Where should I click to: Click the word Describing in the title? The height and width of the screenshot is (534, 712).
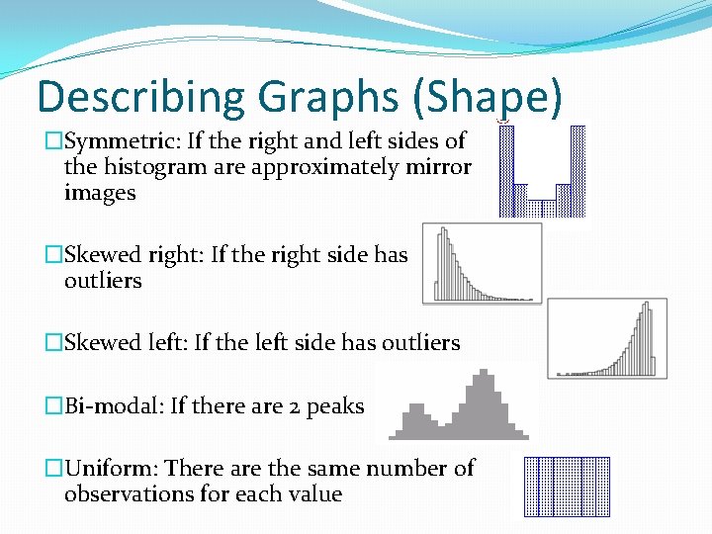(140, 98)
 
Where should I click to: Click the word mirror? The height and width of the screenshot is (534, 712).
(438, 167)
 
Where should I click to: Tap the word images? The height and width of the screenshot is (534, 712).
(100, 193)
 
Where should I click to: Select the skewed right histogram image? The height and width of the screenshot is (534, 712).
(482, 263)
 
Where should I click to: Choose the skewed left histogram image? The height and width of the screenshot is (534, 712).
(606, 338)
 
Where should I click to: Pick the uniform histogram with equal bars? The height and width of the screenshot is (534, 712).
(567, 487)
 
